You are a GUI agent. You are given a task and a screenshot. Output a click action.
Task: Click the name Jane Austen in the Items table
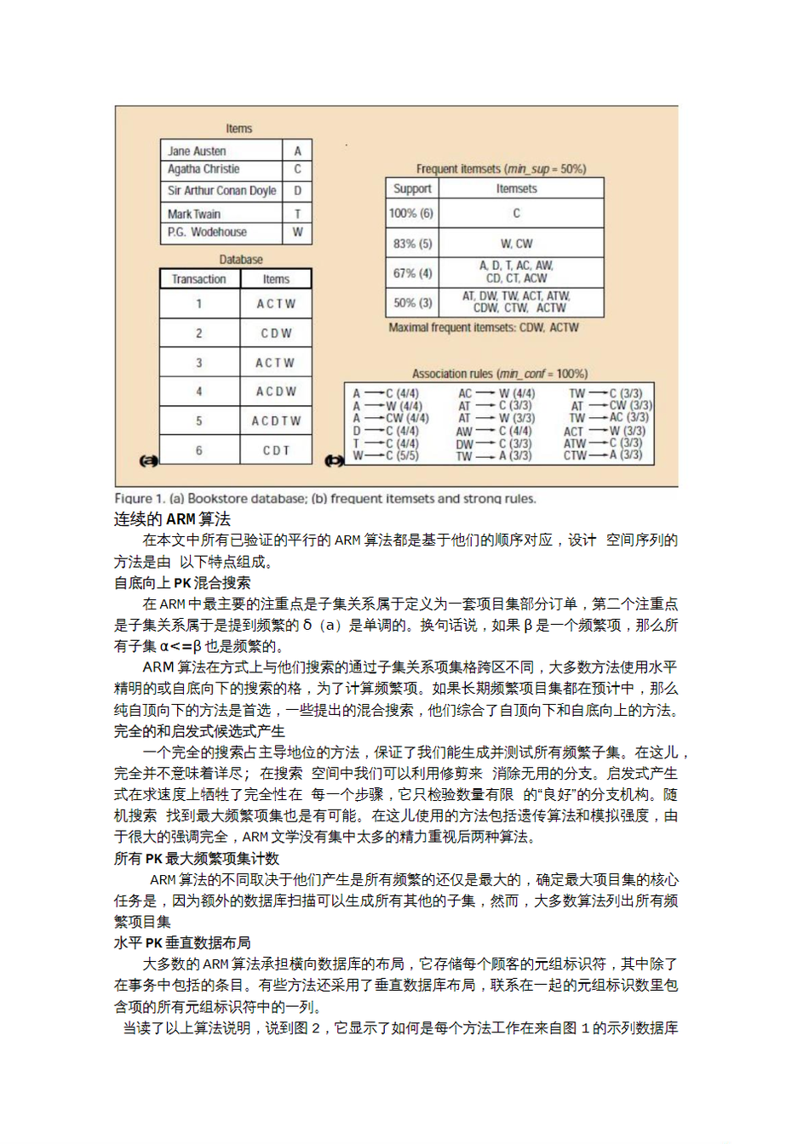[x=197, y=151]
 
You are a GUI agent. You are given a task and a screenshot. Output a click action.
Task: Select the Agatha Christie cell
[x=204, y=169]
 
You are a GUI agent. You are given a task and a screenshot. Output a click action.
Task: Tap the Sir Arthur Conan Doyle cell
[x=221, y=191]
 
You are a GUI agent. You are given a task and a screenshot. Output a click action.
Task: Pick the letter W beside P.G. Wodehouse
[x=297, y=232]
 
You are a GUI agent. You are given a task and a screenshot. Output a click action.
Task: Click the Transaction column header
[x=199, y=279]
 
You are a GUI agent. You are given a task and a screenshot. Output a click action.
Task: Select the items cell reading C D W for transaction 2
[x=276, y=334]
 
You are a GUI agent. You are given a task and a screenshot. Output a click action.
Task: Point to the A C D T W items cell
[x=276, y=421]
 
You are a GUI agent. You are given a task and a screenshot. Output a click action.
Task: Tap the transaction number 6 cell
[x=199, y=450]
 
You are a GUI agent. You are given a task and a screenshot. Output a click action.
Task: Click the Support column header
[x=412, y=189]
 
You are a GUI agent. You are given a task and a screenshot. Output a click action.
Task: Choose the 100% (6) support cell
[x=411, y=213]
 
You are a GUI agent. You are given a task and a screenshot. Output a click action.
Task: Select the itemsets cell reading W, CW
[x=517, y=243]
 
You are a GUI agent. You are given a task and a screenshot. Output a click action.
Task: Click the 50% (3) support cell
[x=412, y=302]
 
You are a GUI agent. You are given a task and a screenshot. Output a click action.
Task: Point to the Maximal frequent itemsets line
[x=483, y=328]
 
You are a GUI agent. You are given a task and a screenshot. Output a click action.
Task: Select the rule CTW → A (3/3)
[x=602, y=456]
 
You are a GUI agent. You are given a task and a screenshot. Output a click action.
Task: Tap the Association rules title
[x=499, y=374]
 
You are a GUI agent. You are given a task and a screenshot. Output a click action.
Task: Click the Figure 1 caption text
[x=325, y=499]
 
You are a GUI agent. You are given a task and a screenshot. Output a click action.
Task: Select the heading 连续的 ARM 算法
[x=173, y=519]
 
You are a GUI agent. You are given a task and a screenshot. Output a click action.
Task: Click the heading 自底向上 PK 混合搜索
[x=182, y=583]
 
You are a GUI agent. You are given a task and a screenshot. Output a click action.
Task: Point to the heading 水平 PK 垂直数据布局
[x=182, y=943]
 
